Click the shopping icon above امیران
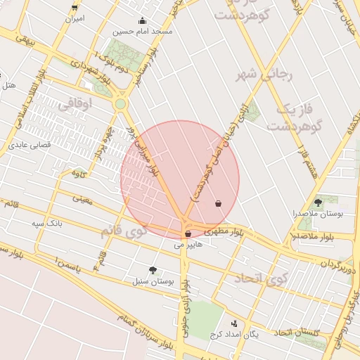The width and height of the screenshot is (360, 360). click(75, 7)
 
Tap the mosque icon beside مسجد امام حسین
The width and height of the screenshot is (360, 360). click(142, 20)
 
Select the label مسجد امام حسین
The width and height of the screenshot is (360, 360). click(146, 31)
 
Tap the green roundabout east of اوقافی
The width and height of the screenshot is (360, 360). click(121, 104)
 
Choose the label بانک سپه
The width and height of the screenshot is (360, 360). click(48, 223)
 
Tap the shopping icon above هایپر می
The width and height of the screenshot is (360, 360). click(187, 233)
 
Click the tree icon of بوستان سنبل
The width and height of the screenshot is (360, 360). click(153, 270)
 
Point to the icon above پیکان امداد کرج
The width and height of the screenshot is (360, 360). click(234, 323)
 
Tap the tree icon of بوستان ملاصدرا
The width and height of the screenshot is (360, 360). click(319, 202)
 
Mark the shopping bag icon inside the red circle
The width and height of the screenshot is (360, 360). click(219, 203)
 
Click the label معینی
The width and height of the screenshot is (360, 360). click(82, 199)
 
